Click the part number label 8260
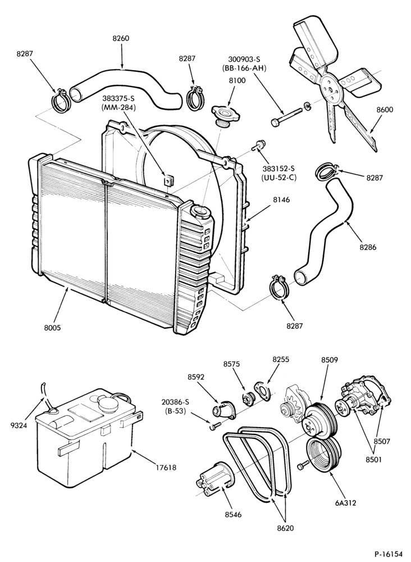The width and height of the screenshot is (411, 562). (x=121, y=38)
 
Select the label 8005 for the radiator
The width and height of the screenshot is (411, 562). (x=53, y=328)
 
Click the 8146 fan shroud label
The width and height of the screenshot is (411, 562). (x=281, y=200)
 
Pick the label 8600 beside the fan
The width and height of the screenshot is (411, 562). (x=385, y=110)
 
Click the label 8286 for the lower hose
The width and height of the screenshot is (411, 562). (x=368, y=247)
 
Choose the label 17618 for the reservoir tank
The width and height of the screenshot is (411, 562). (x=166, y=468)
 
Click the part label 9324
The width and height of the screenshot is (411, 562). (x=19, y=426)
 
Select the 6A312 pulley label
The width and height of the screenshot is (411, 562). (x=345, y=503)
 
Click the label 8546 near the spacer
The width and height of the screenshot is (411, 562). (x=233, y=515)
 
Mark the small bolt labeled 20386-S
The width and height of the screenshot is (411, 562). (x=214, y=426)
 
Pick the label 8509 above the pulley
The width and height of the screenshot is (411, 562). (x=330, y=360)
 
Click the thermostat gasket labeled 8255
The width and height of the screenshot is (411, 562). (x=262, y=389)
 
